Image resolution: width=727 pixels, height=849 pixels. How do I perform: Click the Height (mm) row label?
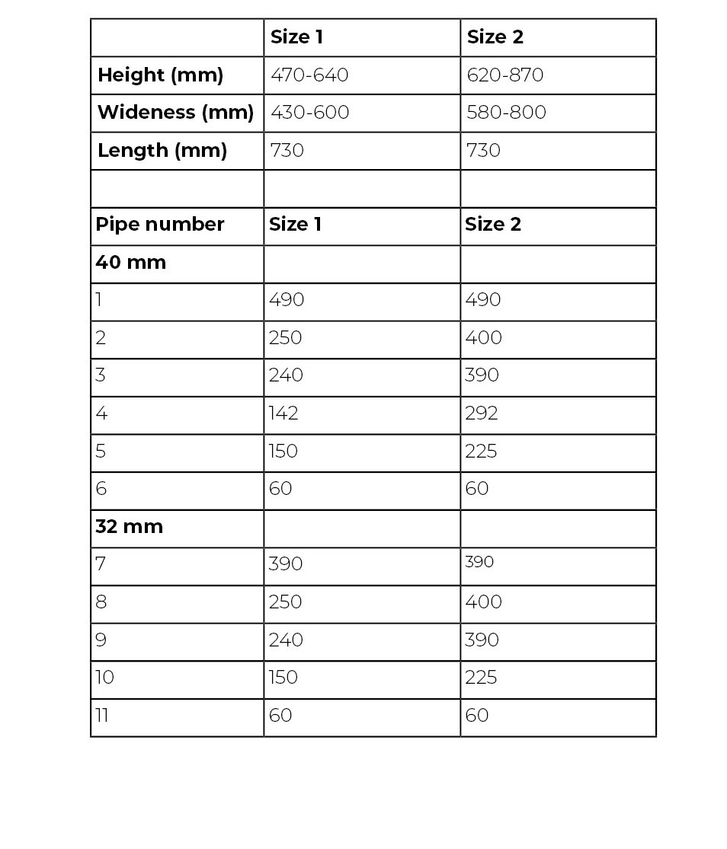coord(161,75)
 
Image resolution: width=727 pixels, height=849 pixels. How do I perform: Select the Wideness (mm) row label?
coord(175,113)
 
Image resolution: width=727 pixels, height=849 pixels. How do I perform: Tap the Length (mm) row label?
coord(162,151)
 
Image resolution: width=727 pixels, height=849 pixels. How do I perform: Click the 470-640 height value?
coord(309,75)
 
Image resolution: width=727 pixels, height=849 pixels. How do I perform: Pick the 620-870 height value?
coord(505,75)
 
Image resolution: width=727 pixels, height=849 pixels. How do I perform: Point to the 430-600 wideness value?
coord(309,113)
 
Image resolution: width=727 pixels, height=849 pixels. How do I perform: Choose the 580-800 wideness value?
coord(507,113)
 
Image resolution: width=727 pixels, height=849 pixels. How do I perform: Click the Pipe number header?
coord(160,225)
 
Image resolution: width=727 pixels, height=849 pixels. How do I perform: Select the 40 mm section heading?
coord(130,263)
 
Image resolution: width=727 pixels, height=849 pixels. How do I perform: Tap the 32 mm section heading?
coord(129,527)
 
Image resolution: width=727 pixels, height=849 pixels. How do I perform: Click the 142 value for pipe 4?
coord(283,413)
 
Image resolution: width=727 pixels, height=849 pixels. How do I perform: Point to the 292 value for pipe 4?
coord(482,413)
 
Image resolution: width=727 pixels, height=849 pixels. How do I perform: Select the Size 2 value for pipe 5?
coord(481,452)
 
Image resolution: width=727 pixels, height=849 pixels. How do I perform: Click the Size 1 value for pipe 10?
coord(283,678)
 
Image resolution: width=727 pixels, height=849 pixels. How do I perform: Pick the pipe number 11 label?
coord(101,716)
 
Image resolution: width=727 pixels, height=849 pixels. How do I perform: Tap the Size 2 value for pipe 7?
coord(479,563)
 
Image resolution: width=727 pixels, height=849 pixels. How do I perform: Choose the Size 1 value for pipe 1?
coord(287,300)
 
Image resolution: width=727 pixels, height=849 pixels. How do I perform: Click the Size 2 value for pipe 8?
coord(483,602)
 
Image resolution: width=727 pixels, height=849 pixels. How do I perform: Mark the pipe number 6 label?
coord(101,489)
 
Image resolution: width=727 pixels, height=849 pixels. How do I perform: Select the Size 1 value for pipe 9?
coord(286,640)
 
